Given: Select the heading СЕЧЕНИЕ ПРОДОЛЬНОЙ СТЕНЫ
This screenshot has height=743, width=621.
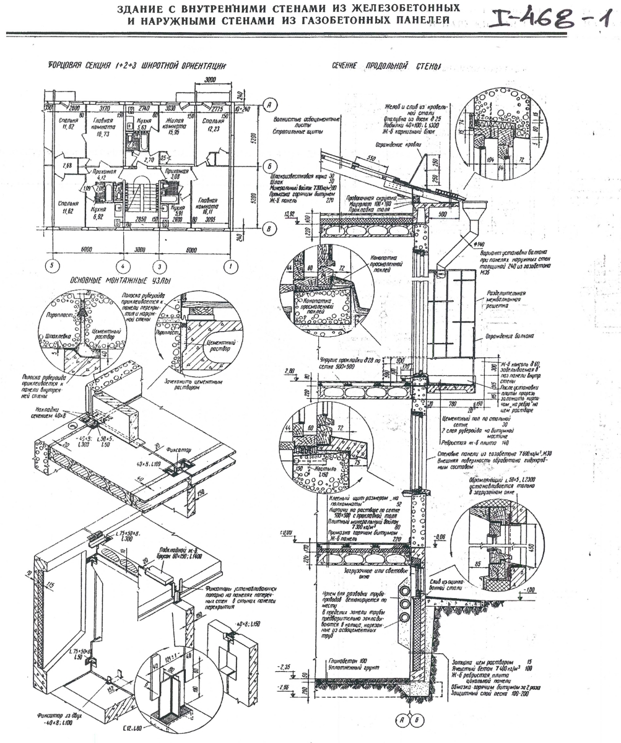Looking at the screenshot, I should [x=377, y=64].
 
